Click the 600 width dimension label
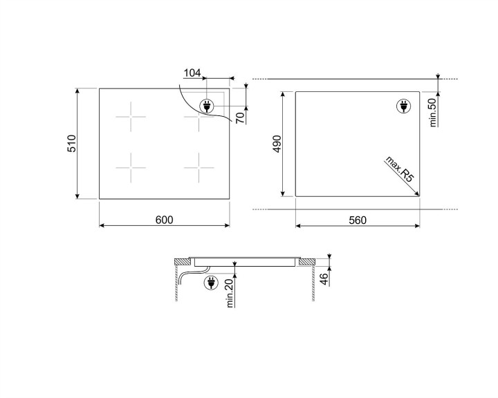point(163,220)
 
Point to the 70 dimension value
point(240,117)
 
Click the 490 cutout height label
point(276,144)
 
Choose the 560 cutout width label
point(357,220)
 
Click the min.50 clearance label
point(433,113)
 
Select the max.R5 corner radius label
point(399,170)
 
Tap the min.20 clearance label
point(230,292)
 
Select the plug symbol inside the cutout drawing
point(403,106)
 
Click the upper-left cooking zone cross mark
point(131,117)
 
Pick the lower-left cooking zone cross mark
point(131,168)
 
